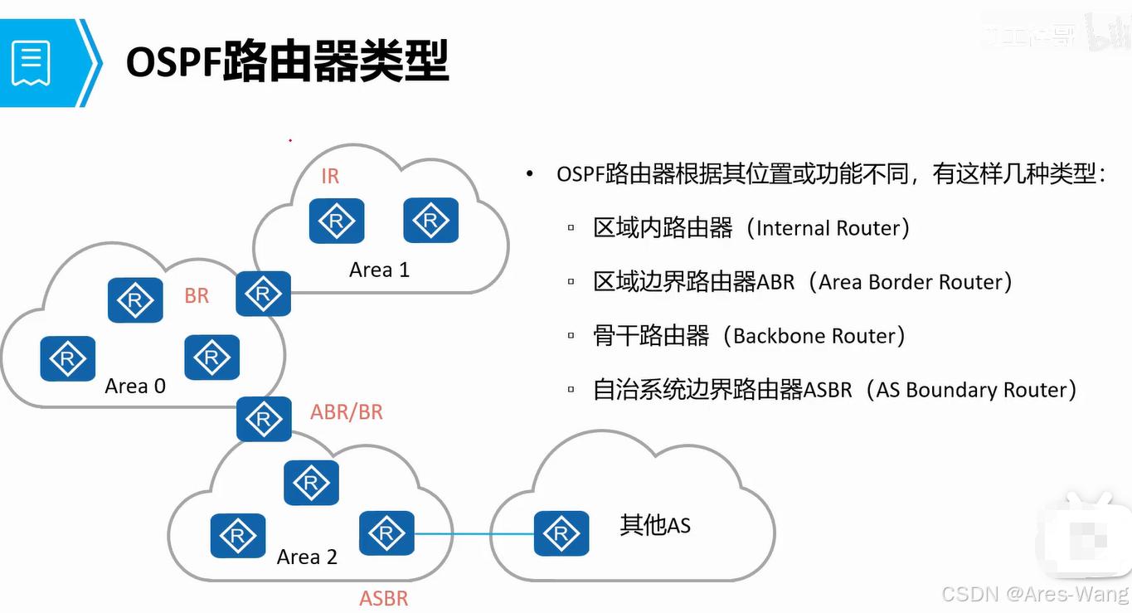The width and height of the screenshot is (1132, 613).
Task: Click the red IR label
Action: [330, 176]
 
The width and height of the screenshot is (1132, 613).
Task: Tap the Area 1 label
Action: [379, 270]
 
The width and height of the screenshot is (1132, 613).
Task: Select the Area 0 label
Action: [135, 386]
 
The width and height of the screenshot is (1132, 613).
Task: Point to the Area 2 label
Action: [307, 557]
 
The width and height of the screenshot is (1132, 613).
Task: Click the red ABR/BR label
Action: [347, 412]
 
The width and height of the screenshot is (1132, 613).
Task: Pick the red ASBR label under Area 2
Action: [383, 598]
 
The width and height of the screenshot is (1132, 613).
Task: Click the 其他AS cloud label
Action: [655, 525]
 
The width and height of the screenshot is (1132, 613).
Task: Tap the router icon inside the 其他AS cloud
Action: [561, 533]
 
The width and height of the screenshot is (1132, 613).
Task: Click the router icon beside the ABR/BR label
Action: [264, 419]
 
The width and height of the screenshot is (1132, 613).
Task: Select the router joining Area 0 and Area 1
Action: [263, 293]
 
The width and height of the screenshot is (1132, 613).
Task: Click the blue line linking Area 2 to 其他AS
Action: [473, 533]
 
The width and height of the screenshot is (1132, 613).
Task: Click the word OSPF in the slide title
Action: [173, 62]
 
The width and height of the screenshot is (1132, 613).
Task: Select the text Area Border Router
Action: [911, 282]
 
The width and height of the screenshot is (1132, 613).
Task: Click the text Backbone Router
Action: [814, 336]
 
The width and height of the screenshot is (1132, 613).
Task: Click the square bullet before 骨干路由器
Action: [571, 337]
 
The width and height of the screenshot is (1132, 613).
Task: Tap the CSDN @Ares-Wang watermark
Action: [1035, 594]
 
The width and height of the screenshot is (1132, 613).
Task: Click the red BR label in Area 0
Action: [197, 296]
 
